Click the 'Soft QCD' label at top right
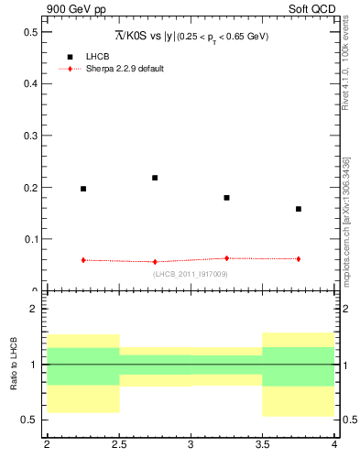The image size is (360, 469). pos(314,9)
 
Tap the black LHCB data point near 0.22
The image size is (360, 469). pos(155,178)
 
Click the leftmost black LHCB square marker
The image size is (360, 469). pos(83,189)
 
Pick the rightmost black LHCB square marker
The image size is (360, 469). pos(299,209)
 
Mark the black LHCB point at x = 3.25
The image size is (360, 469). pos(226,198)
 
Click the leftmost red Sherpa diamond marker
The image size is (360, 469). pos(83,260)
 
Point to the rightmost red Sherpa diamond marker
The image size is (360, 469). pos(299,259)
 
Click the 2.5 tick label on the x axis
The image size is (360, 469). pos(118,444)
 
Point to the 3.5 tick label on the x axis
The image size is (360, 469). pos(262,444)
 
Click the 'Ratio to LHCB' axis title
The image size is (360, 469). pos(15,365)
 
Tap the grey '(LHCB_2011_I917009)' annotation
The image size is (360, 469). pos(191,274)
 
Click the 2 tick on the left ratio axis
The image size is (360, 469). pos(36,309)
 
